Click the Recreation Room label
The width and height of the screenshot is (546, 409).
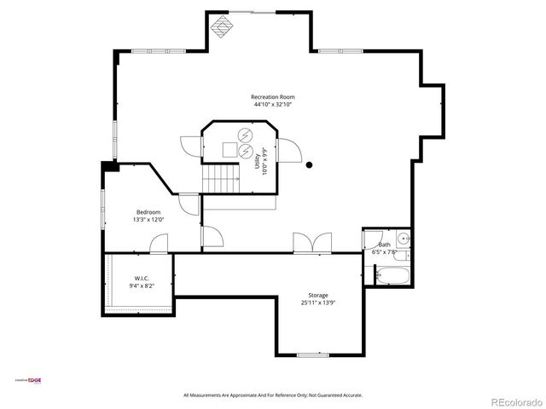[x=273, y=96]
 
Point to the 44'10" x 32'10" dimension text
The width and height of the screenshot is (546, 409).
[x=273, y=105]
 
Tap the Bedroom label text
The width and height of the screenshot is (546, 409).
[x=148, y=211]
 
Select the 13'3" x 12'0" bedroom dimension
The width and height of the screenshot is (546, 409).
[x=148, y=219]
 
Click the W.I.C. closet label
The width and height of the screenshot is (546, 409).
[x=142, y=279]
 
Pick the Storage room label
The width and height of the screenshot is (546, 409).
[x=318, y=295]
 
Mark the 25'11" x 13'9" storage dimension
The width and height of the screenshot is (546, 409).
[x=318, y=302]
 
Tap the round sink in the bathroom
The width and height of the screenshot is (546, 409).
[x=404, y=238]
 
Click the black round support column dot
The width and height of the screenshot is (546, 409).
[x=310, y=165]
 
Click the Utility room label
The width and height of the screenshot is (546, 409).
[x=258, y=161]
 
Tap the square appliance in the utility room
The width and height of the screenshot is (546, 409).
[x=229, y=149]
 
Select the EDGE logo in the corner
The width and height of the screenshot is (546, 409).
[x=35, y=380]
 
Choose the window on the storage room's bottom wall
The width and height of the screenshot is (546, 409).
[x=313, y=354]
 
